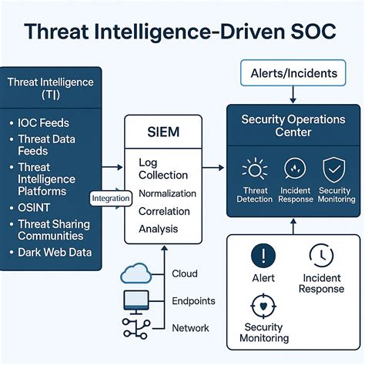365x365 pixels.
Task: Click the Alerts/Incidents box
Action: (x=293, y=73)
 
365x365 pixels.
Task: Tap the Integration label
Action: (x=111, y=198)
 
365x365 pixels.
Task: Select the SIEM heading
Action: (x=163, y=132)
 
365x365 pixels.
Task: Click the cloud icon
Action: (x=136, y=273)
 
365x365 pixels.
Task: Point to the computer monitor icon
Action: (x=136, y=303)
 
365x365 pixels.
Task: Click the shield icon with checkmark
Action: (x=334, y=169)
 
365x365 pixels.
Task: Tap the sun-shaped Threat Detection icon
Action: (x=255, y=169)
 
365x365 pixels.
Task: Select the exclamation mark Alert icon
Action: (x=263, y=256)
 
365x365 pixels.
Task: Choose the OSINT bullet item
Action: (x=34, y=208)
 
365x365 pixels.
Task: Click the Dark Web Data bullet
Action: (x=55, y=253)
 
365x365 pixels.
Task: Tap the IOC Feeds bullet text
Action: (x=43, y=123)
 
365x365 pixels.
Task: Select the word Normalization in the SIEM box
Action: (x=167, y=193)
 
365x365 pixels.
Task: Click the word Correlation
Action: (x=164, y=211)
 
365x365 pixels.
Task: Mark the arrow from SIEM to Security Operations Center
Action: (x=213, y=168)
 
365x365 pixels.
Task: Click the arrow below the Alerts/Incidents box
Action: (x=293, y=95)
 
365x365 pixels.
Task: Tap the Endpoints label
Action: (x=193, y=301)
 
